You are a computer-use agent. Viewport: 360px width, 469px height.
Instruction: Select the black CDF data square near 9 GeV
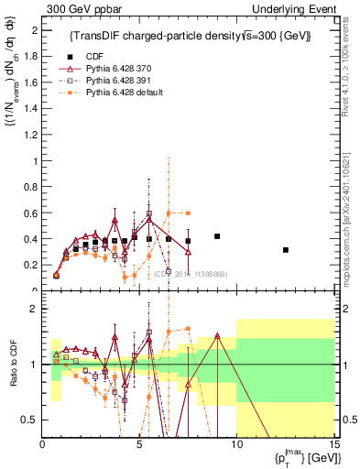(x=217, y=236)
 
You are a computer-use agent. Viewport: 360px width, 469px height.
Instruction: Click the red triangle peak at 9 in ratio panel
(x=217, y=336)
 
